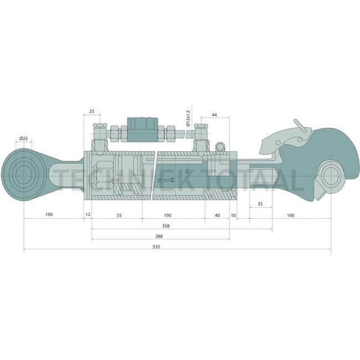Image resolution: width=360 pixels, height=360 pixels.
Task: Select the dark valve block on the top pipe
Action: [143, 126]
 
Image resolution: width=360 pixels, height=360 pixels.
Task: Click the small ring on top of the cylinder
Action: [222, 147]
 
